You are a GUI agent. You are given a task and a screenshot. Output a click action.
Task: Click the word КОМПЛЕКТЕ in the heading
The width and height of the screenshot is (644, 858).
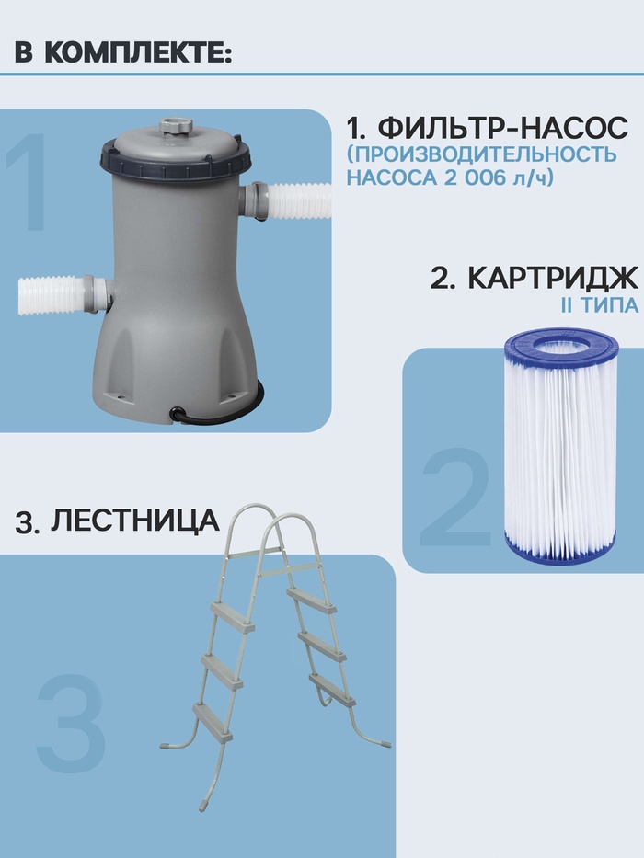click(137, 53)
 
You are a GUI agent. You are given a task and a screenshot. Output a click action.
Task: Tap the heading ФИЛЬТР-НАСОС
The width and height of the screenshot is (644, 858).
click(502, 128)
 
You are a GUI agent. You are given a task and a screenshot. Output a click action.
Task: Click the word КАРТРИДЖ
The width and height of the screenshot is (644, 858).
click(553, 278)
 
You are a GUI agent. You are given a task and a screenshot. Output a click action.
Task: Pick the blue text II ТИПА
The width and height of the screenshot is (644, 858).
click(600, 305)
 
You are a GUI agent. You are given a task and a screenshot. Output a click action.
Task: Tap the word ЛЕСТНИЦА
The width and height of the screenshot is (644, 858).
click(134, 520)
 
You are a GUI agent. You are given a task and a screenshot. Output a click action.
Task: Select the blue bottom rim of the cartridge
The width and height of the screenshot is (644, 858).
click(562, 551)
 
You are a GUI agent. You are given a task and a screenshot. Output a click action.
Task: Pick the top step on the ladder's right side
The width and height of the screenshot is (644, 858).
click(312, 600)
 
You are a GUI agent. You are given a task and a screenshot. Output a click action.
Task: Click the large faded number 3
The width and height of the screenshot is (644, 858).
click(71, 723)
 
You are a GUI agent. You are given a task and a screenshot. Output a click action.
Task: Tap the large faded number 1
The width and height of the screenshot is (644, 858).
click(27, 181)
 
